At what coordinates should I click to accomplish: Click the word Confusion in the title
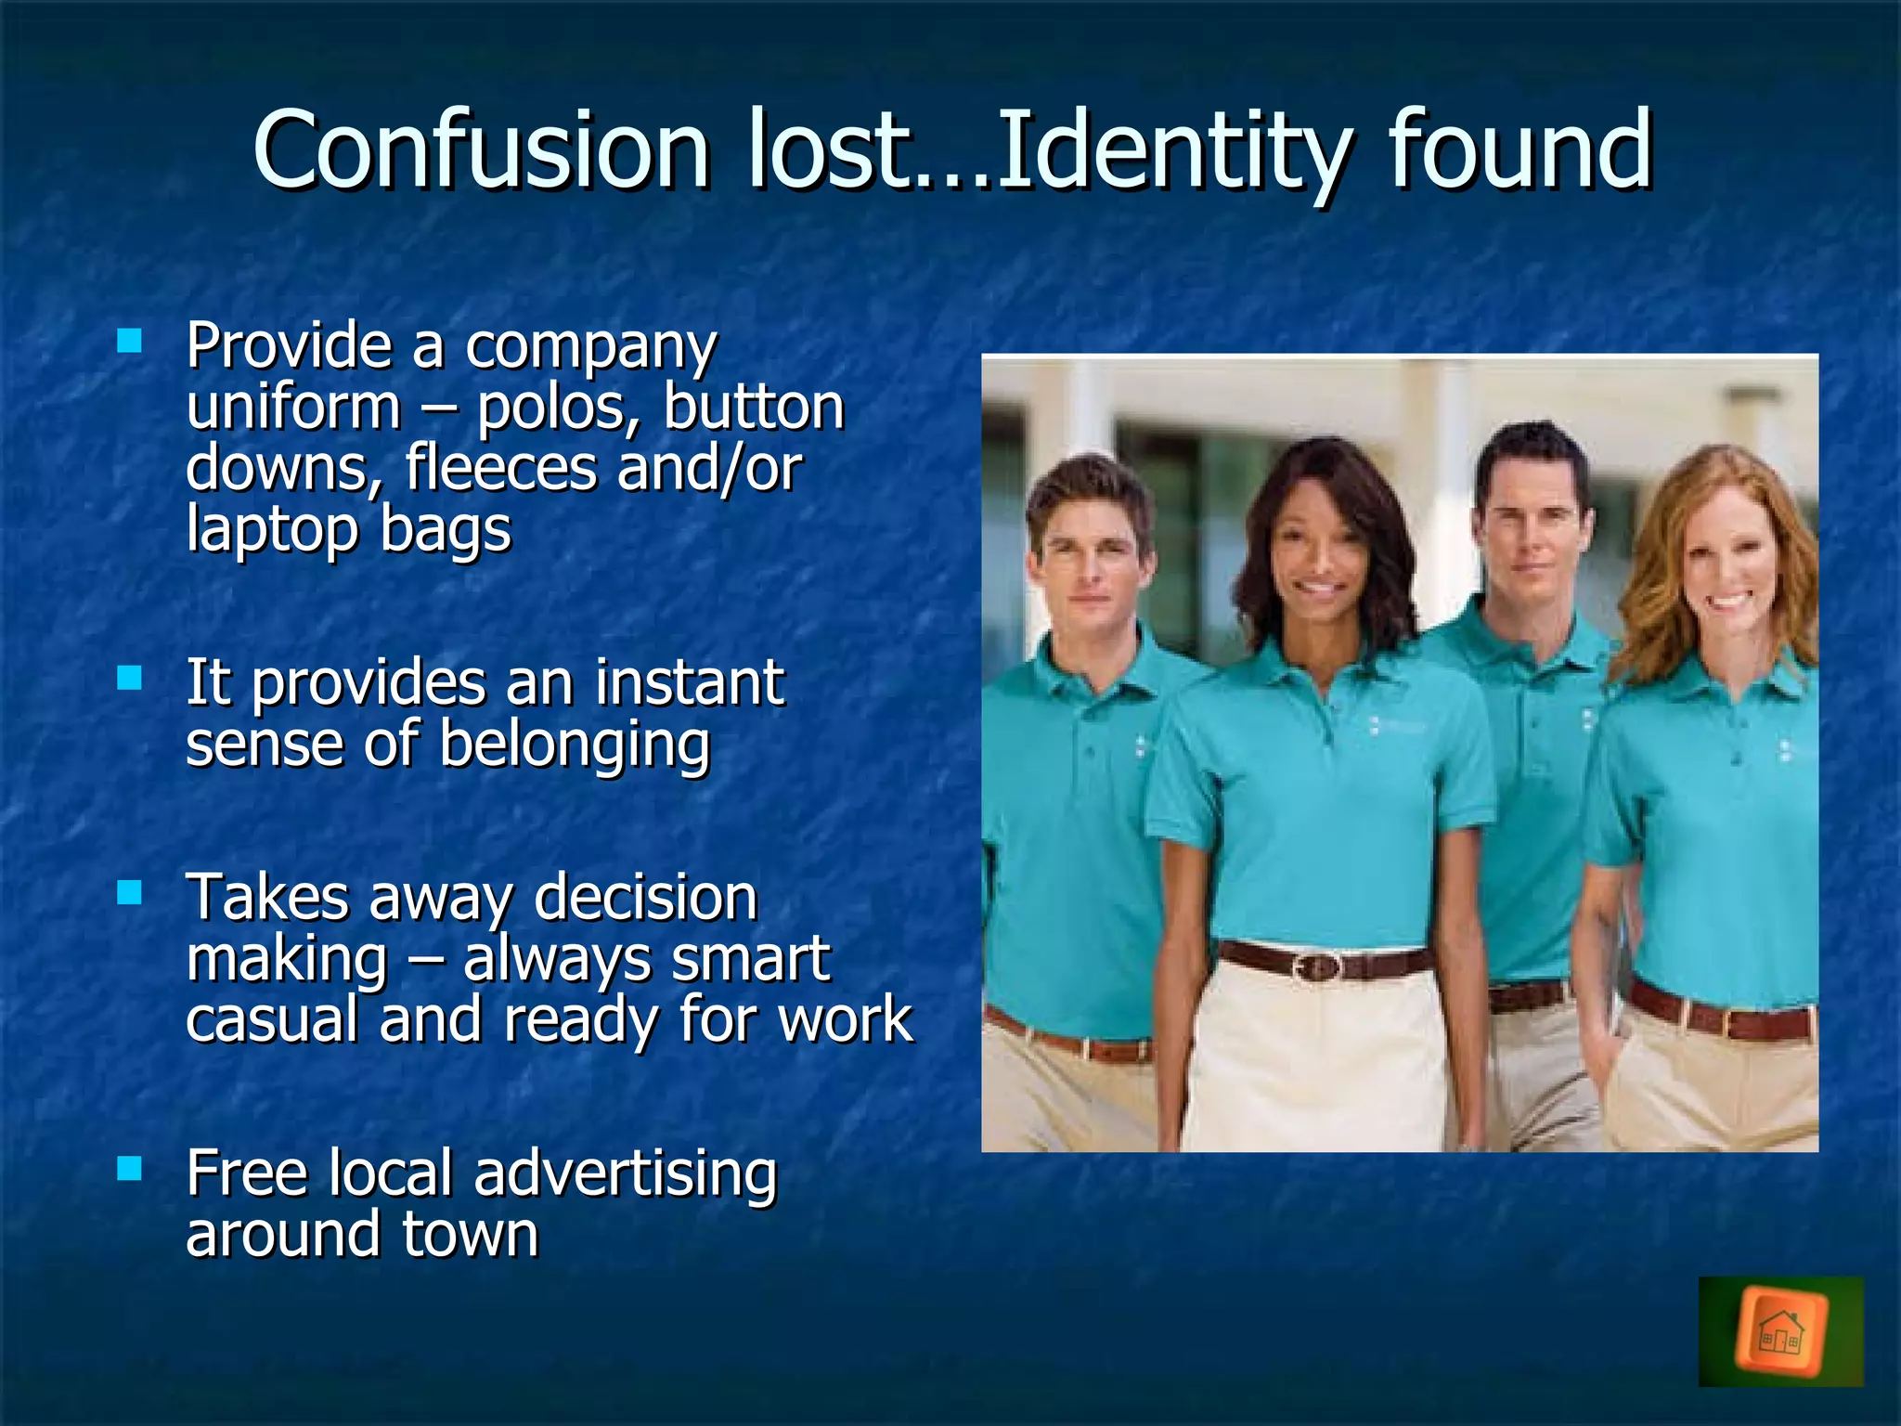(x=481, y=150)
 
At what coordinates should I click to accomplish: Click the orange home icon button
(x=1780, y=1332)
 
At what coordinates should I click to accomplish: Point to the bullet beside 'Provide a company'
(x=130, y=341)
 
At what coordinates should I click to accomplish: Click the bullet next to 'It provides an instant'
(x=130, y=678)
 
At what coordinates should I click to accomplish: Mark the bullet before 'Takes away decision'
(x=130, y=893)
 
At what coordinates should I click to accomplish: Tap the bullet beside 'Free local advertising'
(x=130, y=1168)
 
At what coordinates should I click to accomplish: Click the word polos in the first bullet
(x=557, y=408)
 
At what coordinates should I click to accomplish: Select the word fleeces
(x=501, y=469)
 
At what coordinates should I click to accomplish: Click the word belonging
(x=575, y=745)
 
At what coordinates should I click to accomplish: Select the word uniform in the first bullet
(x=293, y=408)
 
